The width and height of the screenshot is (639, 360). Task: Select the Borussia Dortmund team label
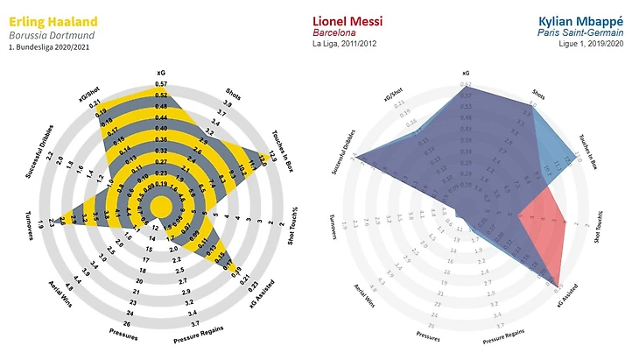coord(53,34)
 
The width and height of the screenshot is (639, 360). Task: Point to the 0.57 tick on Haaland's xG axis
coord(161,85)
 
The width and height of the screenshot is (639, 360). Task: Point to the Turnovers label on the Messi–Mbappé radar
coord(334,229)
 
